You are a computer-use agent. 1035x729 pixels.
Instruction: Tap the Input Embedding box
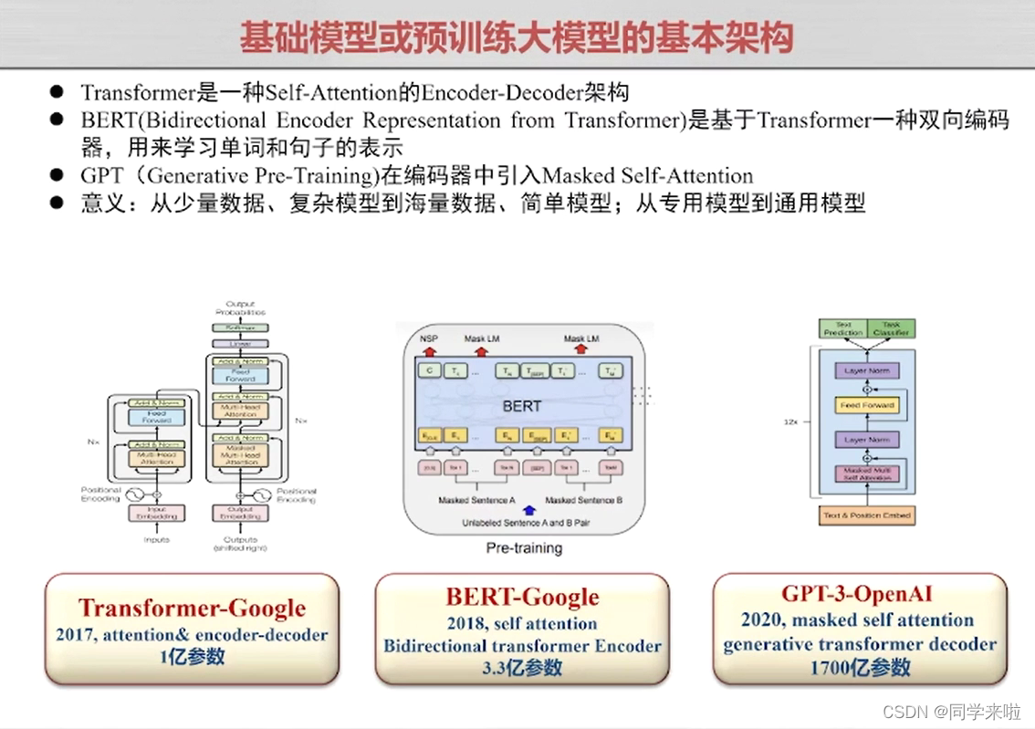click(x=157, y=514)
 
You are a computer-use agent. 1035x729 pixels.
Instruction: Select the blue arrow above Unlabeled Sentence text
click(x=528, y=510)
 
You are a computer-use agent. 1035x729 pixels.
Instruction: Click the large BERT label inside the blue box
click(x=521, y=406)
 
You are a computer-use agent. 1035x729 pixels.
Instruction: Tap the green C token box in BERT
click(x=429, y=371)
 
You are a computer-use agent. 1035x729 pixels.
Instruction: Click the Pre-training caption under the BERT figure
click(x=523, y=548)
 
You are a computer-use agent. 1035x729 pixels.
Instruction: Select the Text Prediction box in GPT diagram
click(x=842, y=329)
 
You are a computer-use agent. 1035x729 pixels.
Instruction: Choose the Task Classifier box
click(x=890, y=329)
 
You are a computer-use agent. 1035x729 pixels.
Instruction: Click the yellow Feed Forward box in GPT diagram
click(x=867, y=405)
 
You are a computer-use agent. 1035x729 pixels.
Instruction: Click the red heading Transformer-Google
click(x=192, y=609)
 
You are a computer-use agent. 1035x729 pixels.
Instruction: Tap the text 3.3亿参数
click(x=523, y=668)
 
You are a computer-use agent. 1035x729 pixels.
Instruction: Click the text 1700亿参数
click(x=860, y=668)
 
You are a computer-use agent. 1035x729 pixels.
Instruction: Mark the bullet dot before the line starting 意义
click(x=57, y=203)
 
